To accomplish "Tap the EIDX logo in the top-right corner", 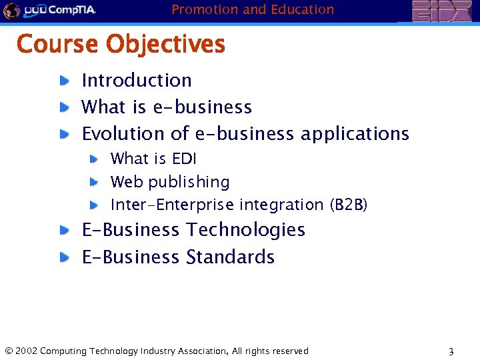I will tap(441, 11).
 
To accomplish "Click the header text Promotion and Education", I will tap(253, 9).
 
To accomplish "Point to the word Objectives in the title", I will tap(166, 45).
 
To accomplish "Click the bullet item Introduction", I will tap(136, 81).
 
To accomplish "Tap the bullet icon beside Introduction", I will tap(63, 81).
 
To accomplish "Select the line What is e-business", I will tap(166, 107).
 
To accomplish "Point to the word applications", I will tap(355, 134).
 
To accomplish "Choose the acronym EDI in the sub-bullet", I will tap(183, 159).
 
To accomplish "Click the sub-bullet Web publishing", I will tap(169, 182).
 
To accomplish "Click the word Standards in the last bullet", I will tap(230, 257).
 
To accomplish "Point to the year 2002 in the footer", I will tap(26, 351).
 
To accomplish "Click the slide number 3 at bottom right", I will tap(451, 351).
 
